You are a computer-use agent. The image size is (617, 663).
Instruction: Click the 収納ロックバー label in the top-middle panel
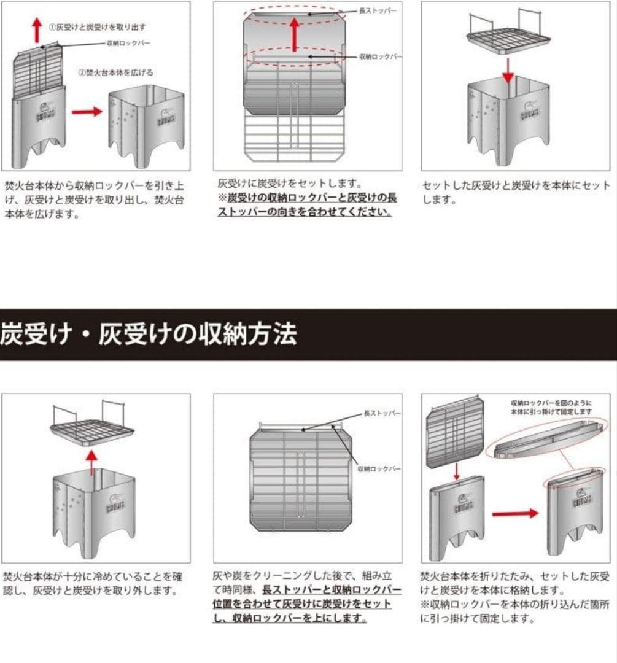point(380,56)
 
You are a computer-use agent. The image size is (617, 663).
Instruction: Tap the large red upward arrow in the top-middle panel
point(295,34)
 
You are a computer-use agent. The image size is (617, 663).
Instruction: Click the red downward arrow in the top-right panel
point(506,73)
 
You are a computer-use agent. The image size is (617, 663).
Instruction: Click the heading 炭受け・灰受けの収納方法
point(149,335)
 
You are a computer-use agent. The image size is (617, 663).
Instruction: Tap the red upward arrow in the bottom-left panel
point(91,462)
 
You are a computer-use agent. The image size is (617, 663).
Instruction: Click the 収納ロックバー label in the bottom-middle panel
point(379,468)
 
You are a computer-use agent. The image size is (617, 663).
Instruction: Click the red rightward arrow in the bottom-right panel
point(514,513)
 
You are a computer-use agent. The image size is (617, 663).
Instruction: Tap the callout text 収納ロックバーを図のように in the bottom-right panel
point(551,403)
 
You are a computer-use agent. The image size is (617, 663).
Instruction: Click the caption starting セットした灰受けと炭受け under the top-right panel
point(516,192)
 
